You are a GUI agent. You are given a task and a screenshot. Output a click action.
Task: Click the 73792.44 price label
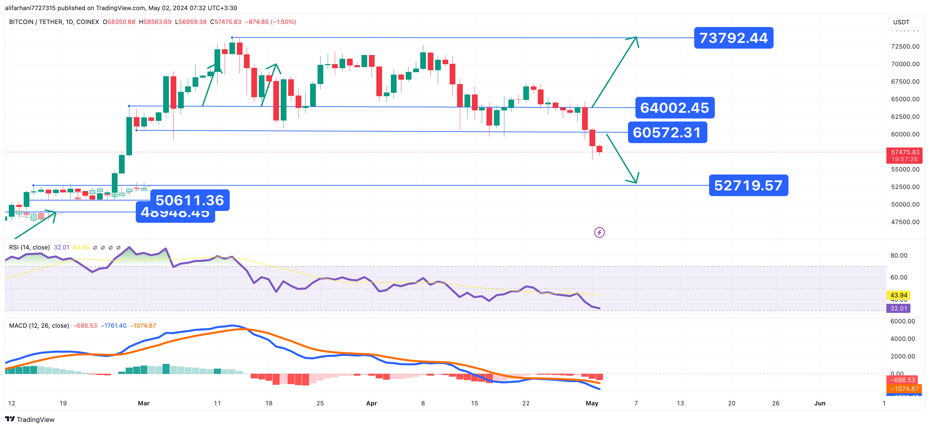[733, 38]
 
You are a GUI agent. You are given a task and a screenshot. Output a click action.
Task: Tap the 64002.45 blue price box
[674, 108]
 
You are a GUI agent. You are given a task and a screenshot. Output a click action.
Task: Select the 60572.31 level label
[667, 132]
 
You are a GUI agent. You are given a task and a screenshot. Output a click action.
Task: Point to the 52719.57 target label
[748, 186]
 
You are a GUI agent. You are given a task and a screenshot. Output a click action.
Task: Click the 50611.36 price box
[190, 200]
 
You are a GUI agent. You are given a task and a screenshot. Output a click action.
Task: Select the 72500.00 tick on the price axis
[905, 47]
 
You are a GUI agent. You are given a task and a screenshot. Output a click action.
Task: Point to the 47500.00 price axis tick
[905, 222]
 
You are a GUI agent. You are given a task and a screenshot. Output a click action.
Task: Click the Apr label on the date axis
[371, 403]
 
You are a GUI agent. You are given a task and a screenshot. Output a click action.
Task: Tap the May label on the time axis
[592, 403]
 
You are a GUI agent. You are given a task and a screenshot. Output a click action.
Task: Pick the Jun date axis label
[820, 403]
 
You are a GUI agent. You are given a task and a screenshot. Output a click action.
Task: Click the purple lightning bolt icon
[599, 233]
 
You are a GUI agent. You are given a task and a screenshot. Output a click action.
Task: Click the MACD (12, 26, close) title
[39, 325]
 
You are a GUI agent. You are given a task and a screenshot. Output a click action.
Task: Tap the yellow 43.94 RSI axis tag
[898, 295]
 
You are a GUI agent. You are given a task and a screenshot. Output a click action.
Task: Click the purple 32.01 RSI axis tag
[898, 308]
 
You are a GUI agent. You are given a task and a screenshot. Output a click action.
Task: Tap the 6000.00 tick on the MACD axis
[902, 321]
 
